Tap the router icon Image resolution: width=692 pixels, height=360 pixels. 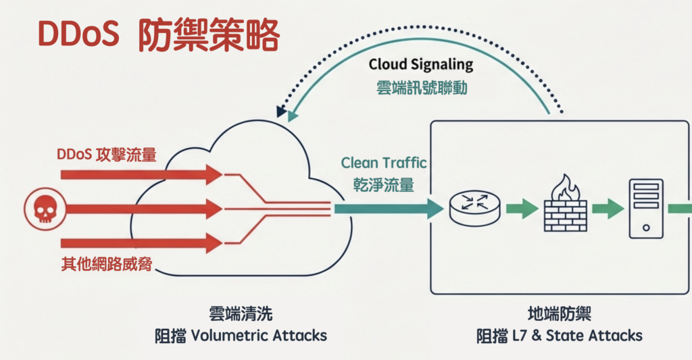tap(474, 208)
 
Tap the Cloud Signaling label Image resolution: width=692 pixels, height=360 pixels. tap(421, 66)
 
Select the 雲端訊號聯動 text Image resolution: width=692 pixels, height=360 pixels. tap(421, 88)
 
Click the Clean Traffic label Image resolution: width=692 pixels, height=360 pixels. tap(384, 162)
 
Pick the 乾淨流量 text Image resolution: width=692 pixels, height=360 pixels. tap(382, 184)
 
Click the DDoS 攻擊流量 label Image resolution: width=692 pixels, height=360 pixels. tap(106, 155)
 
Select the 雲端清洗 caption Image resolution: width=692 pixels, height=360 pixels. tap(241, 315)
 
